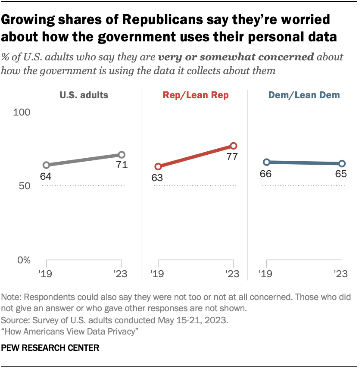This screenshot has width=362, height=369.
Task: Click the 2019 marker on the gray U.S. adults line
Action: point(46,165)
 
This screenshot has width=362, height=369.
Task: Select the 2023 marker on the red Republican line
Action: point(234,146)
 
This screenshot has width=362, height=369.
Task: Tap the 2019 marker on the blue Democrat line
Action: point(267,162)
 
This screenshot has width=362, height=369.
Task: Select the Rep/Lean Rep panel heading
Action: point(196,96)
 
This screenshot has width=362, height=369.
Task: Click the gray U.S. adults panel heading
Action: point(84,96)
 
